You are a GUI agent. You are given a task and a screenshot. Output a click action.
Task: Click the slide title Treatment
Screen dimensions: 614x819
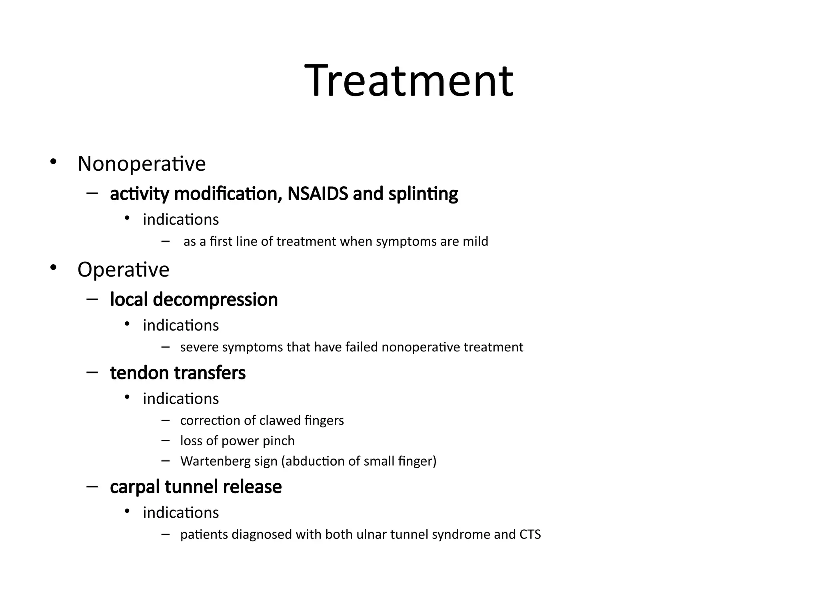pyautogui.click(x=409, y=81)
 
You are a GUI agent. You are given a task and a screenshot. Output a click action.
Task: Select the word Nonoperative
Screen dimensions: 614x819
pyautogui.click(x=142, y=164)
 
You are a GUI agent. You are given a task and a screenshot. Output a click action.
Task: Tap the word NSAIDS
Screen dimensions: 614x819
pyautogui.click(x=318, y=194)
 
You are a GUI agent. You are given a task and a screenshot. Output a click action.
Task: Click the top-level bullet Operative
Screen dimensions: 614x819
pyautogui.click(x=123, y=269)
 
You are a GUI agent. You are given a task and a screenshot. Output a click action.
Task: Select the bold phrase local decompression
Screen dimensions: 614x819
pyautogui.click(x=194, y=299)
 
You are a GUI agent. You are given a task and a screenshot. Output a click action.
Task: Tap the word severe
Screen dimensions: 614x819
pyautogui.click(x=199, y=347)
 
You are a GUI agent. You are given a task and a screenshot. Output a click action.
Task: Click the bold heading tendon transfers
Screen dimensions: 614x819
pyautogui.click(x=178, y=373)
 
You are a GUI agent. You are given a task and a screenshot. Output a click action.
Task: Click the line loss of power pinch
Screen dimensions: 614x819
pyautogui.click(x=237, y=441)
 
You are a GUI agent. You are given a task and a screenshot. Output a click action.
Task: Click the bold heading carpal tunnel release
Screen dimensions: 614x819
pyautogui.click(x=196, y=487)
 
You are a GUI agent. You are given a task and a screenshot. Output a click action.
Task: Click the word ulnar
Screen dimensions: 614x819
pyautogui.click(x=372, y=534)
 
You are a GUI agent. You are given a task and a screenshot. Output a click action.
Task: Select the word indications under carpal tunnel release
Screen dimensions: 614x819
pyautogui.click(x=181, y=513)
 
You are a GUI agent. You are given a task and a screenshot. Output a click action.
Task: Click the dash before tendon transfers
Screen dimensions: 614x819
pyautogui.click(x=92, y=373)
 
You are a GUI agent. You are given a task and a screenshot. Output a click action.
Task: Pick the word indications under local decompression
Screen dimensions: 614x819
pyautogui.click(x=181, y=325)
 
